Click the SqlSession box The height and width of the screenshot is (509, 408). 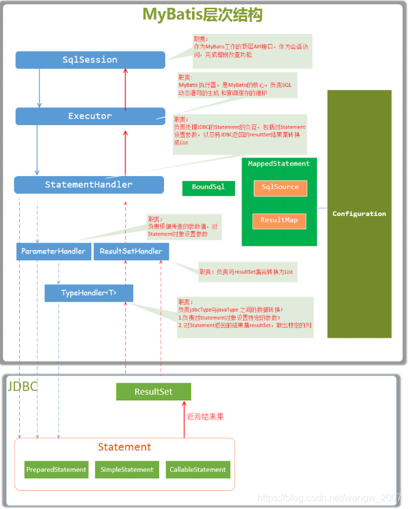tap(90, 60)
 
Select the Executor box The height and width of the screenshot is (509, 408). tap(90, 116)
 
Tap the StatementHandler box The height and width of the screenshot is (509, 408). tap(89, 185)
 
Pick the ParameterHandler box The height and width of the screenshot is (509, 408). tap(53, 251)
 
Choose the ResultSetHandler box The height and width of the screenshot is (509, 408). tap(131, 251)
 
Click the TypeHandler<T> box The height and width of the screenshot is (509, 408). tap(89, 293)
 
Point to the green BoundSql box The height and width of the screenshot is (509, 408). tap(209, 187)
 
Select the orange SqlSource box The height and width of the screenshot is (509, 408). tap(280, 188)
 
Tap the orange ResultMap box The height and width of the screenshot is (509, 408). tap(279, 220)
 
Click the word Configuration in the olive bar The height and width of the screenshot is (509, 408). tap(359, 214)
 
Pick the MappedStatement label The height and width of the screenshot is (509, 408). tap(278, 164)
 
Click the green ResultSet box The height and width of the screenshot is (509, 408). tap(153, 392)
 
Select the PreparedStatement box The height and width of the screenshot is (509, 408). tap(56, 469)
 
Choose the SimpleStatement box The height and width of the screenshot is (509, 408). tap(127, 469)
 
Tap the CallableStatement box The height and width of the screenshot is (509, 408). tap(198, 469)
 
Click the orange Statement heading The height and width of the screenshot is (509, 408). tap(124, 447)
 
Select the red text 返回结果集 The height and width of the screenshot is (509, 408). tap(205, 416)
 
